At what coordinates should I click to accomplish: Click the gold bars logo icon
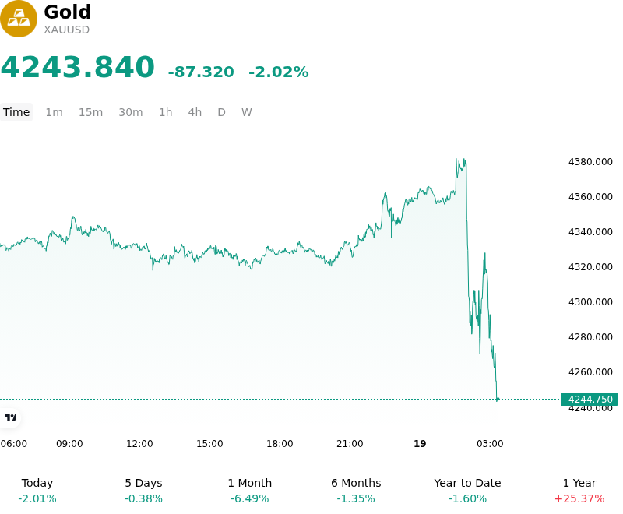point(18,19)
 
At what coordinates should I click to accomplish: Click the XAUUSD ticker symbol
point(66,30)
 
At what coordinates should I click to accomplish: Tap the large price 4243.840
point(77,67)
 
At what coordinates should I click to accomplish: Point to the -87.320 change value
point(201,72)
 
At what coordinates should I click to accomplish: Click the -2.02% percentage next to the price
point(279,72)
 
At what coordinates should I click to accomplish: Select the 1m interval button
point(54,112)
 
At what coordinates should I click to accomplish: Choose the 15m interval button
point(90,112)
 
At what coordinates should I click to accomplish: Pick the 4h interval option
point(195,112)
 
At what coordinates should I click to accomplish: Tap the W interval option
point(247,112)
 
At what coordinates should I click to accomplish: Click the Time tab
point(16,112)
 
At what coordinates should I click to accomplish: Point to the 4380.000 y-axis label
point(590,162)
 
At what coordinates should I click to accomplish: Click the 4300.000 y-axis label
point(590,302)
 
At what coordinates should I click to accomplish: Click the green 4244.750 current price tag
point(590,400)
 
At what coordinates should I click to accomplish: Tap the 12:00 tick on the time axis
point(139,444)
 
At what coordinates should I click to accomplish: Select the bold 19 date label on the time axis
point(420,444)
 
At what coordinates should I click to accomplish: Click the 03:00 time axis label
point(490,444)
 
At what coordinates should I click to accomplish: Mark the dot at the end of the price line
point(498,400)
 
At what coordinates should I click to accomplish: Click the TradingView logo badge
point(10,418)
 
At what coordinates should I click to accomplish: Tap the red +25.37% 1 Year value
point(579,498)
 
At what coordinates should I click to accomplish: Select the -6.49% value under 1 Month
point(249,498)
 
